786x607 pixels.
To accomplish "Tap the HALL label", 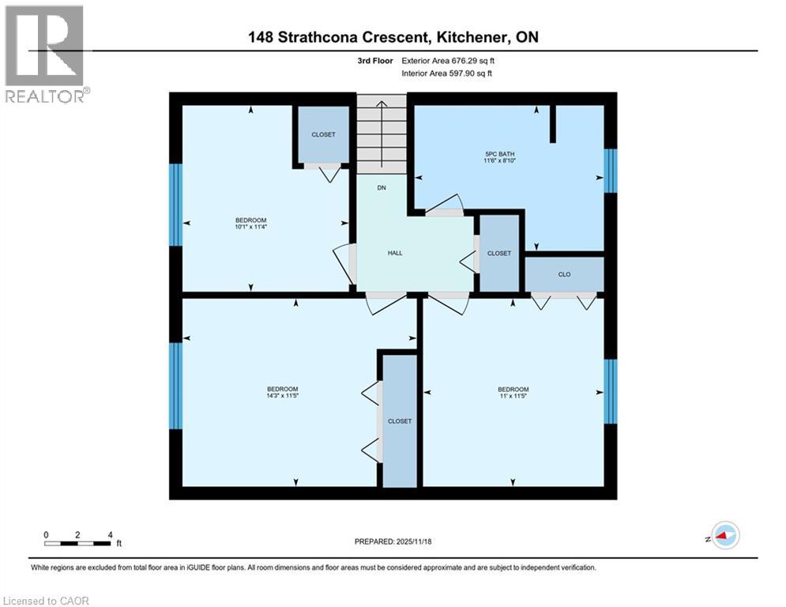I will tap(395, 253).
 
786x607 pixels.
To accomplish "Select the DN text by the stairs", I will tap(382, 188).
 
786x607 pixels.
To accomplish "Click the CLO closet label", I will tap(564, 275).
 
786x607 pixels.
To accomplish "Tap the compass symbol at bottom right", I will tap(724, 536).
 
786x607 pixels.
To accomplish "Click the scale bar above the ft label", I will tap(77, 543).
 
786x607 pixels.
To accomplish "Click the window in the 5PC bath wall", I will tap(609, 171).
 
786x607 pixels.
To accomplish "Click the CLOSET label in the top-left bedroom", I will tap(323, 134).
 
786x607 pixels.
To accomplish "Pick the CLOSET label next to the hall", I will tap(499, 254).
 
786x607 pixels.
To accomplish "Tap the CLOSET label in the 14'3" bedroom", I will tap(400, 421).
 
